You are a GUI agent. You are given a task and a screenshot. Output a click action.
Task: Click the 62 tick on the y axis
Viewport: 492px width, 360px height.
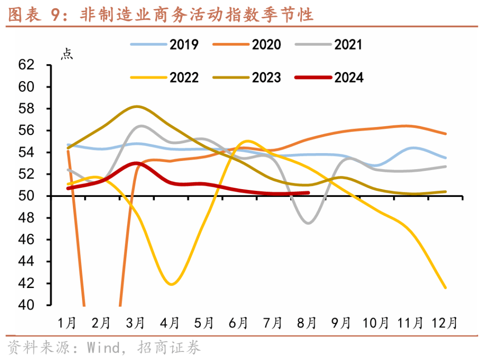[x=26, y=65]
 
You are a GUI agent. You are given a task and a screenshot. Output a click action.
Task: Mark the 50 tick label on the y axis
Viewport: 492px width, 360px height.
[x=26, y=196]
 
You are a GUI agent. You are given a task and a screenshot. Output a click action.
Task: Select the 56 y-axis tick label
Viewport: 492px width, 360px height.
[x=26, y=131]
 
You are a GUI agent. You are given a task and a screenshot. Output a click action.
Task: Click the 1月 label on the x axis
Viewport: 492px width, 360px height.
[x=67, y=323]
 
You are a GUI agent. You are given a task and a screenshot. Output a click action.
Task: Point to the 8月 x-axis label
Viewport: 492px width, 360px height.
[x=307, y=323]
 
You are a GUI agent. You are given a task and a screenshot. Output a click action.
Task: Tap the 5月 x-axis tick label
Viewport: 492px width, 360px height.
[x=204, y=323]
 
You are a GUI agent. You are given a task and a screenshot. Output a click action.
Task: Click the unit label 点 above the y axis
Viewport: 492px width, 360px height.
[x=67, y=54]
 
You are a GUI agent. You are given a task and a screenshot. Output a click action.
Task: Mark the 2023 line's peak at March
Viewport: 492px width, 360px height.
[x=137, y=107]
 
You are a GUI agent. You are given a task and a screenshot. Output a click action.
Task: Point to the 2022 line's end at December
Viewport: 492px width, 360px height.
[x=445, y=288]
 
